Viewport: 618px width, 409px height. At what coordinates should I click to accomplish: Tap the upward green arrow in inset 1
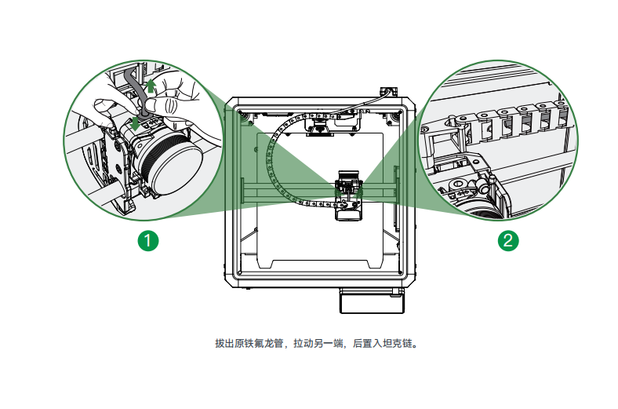(x=151, y=85)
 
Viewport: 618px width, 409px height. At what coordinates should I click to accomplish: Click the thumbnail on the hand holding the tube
(x=159, y=103)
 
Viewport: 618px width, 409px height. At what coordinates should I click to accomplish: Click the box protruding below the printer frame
(x=370, y=301)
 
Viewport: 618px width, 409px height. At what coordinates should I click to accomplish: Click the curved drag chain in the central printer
(x=279, y=169)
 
